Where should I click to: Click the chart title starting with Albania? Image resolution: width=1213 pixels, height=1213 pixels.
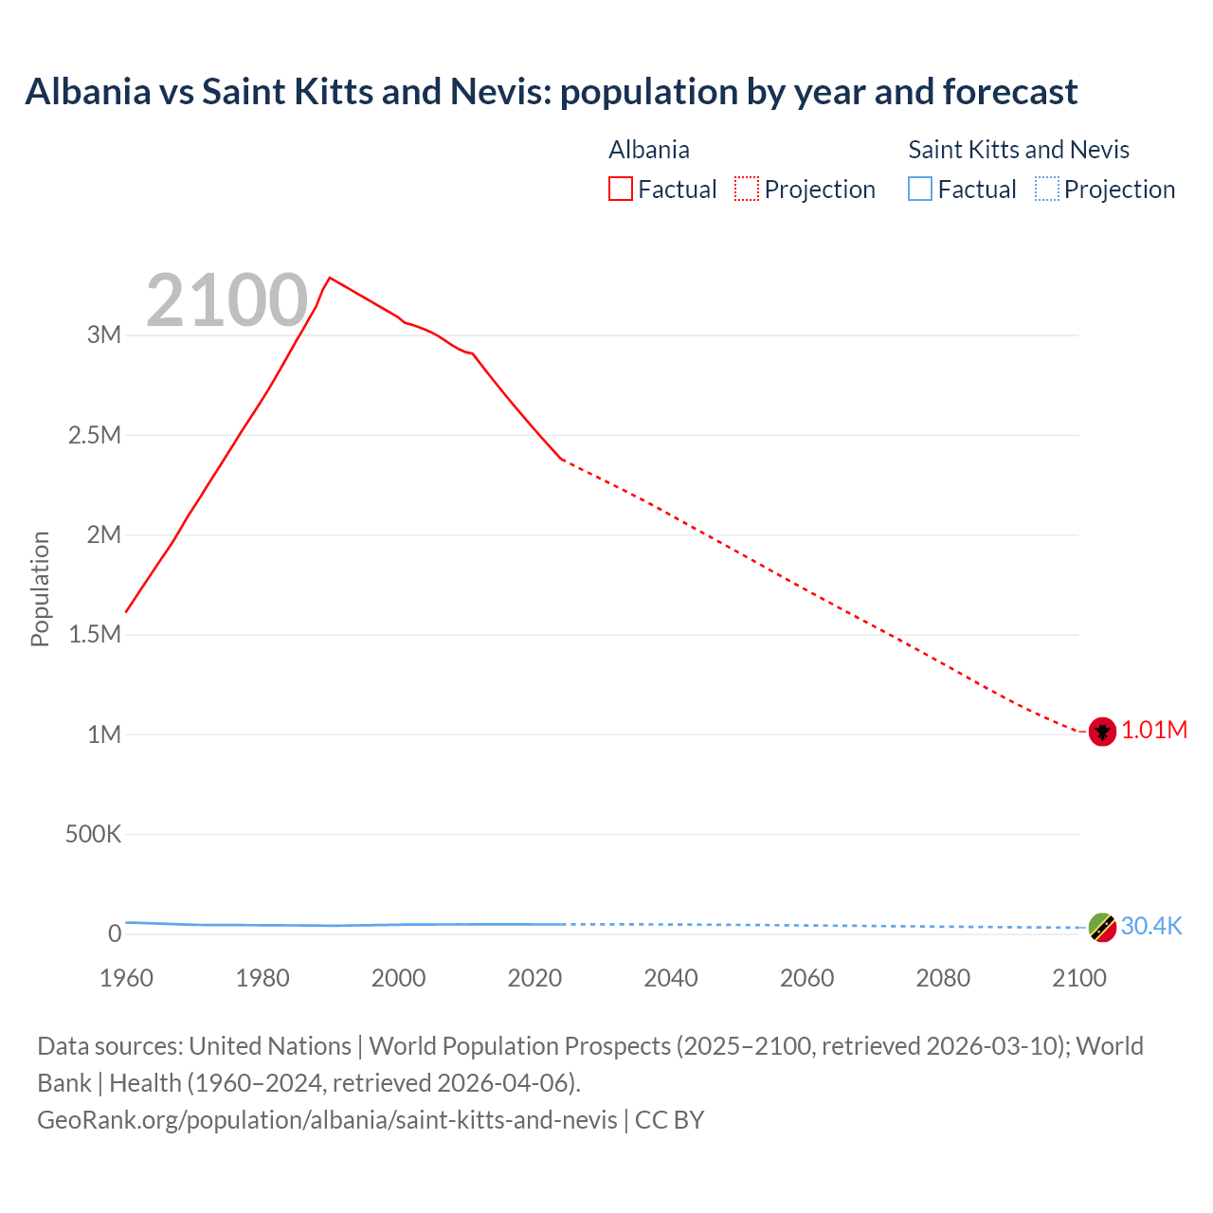551,92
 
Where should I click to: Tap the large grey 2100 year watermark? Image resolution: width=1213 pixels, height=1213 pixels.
227,300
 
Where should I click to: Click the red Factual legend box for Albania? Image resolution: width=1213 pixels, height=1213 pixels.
620,189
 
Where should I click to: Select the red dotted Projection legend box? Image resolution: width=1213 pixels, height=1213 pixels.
747,189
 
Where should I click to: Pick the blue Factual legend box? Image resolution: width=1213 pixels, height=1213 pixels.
920,189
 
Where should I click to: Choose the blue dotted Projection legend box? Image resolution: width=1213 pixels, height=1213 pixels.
1046,189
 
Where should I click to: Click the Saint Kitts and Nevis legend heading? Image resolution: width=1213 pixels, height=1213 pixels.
1019,150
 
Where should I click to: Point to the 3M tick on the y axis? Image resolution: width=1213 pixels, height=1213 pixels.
104,335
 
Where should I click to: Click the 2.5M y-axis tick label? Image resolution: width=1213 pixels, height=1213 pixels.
95,435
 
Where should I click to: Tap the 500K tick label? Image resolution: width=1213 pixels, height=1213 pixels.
93,834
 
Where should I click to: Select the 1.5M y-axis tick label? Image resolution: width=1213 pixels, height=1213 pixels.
95,634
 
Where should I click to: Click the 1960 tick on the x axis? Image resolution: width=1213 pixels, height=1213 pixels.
126,978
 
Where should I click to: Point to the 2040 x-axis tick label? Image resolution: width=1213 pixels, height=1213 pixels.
671,978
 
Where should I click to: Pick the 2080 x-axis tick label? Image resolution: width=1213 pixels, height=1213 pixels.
943,978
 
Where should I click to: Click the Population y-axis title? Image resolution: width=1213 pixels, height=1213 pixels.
40,588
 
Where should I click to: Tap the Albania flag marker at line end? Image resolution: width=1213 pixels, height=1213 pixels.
1102,732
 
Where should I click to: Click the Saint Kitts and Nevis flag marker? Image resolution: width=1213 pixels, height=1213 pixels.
1102,927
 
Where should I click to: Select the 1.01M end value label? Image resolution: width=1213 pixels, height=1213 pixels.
1154,730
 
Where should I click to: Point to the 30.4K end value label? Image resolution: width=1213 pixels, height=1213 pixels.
1151,926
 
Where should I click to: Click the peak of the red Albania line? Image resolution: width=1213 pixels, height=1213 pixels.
329,278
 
